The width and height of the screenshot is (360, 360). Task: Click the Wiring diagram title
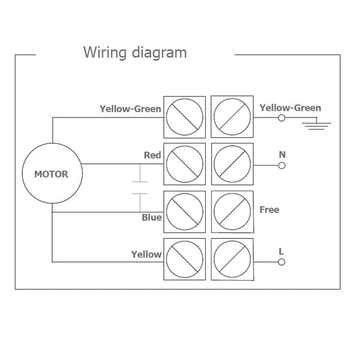135,53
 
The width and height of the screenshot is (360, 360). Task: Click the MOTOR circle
52,143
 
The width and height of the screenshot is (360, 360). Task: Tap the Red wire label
152,155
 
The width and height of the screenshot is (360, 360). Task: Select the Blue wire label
152,217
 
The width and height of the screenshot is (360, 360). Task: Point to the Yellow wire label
146,254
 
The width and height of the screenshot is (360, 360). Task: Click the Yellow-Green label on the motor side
130,109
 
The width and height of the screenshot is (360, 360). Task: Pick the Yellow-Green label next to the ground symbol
290,108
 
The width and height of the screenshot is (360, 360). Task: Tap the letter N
282,155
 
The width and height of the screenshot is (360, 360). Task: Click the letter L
281,251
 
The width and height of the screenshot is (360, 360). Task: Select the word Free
269,209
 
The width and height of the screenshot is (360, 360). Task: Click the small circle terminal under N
282,166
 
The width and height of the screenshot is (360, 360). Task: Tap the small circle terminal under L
281,262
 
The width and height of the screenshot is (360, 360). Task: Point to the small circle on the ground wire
281,118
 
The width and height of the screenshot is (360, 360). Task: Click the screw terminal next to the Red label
185,164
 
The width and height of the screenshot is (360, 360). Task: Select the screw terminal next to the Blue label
185,212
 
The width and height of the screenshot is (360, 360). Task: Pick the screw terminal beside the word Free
232,212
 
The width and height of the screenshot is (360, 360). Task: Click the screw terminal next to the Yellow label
185,259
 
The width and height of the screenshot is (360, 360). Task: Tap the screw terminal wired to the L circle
232,259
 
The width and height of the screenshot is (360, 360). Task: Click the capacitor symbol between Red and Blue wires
140,188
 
